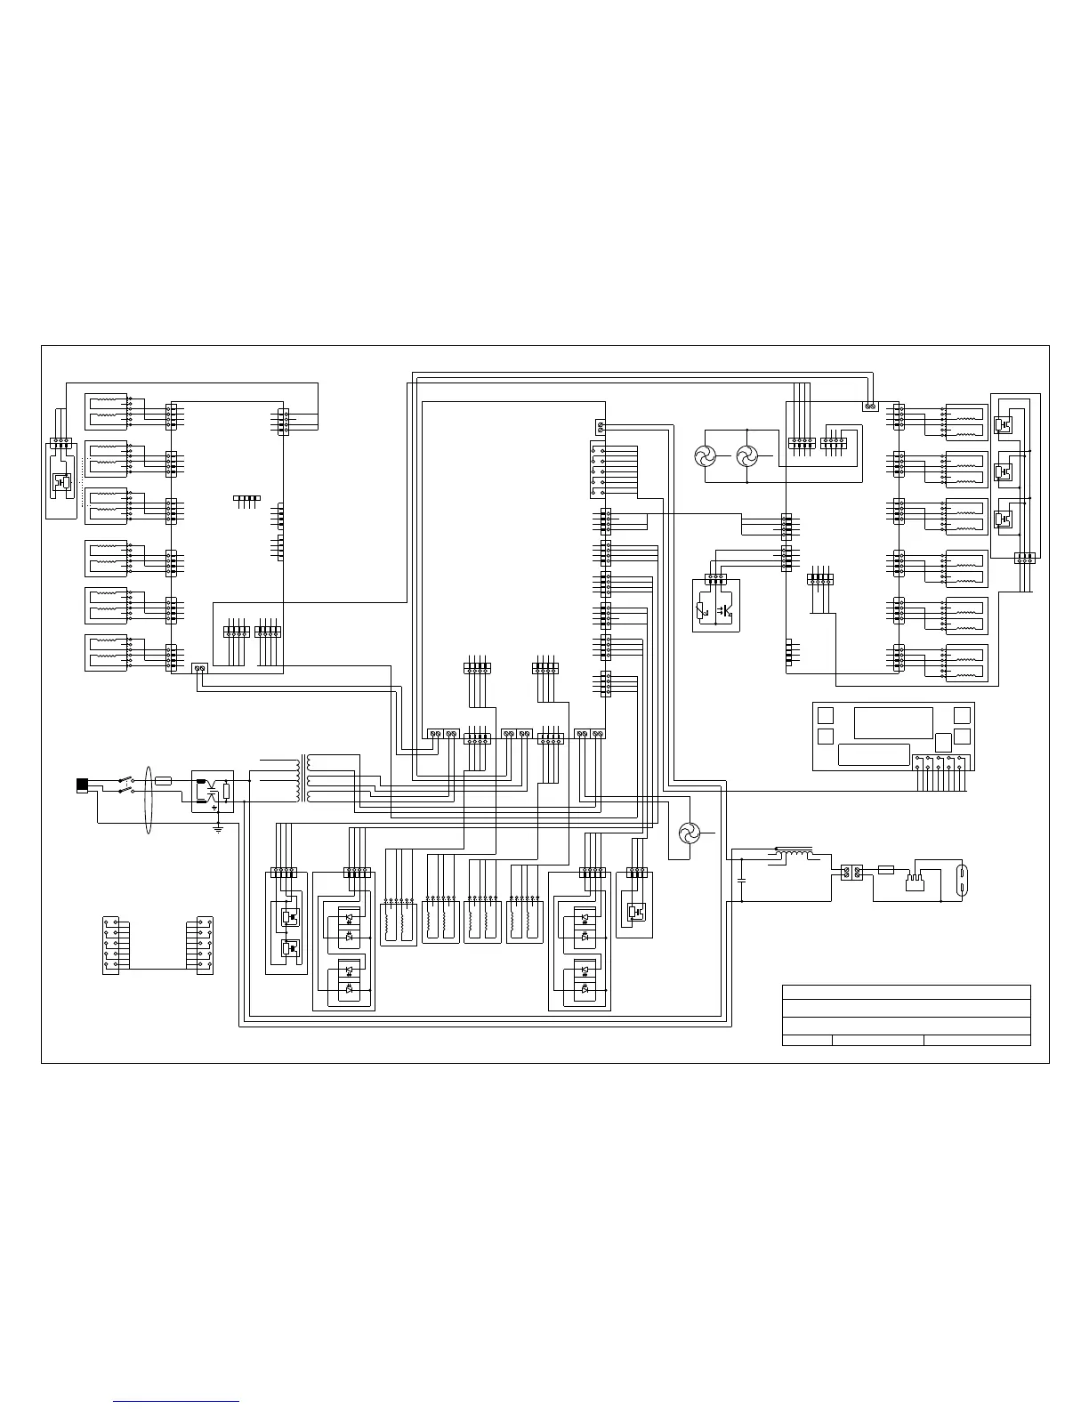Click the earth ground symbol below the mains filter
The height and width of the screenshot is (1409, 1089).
[x=218, y=829]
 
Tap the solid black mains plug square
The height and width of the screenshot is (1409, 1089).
[x=82, y=784]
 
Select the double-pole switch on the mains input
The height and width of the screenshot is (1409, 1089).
[x=126, y=783]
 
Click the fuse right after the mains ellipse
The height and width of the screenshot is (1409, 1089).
[x=164, y=781]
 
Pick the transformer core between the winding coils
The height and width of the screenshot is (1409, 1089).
[x=304, y=777]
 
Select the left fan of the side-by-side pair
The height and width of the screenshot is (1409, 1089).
[x=705, y=456]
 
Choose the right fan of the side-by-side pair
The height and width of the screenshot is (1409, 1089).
[x=746, y=456]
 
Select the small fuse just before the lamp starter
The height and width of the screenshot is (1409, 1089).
[x=885, y=869]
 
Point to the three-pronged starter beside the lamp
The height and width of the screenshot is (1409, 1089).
[x=914, y=882]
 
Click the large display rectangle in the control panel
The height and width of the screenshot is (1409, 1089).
[x=893, y=722]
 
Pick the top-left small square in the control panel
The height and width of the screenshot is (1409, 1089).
[x=825, y=715]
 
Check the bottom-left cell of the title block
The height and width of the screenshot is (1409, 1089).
[x=807, y=1040]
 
